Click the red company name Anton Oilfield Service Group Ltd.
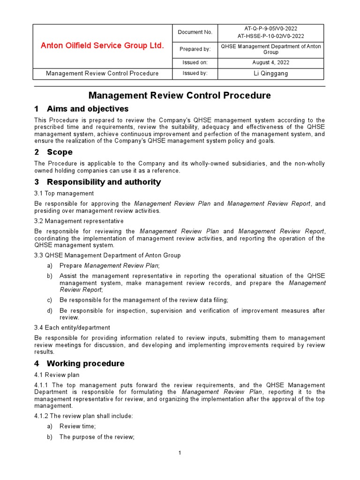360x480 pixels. tap(102, 45)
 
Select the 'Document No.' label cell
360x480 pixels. tap(195, 32)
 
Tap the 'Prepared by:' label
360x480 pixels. tap(195, 49)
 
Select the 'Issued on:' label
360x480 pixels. tap(195, 62)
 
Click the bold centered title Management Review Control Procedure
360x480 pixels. tap(180, 96)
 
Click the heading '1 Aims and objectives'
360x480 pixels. tap(82, 109)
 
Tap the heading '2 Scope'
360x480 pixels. tap(53, 152)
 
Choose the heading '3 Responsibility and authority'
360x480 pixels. tap(97, 182)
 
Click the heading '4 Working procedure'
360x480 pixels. tap(79, 363)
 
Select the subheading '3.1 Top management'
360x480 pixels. tap(64, 193)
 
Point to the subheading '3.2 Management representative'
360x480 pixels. tap(79, 221)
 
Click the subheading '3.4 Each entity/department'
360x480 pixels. tap(72, 327)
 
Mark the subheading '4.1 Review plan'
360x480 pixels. tap(57, 375)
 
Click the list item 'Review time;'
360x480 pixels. tap(77, 426)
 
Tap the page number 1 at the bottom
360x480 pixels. tap(180, 453)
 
